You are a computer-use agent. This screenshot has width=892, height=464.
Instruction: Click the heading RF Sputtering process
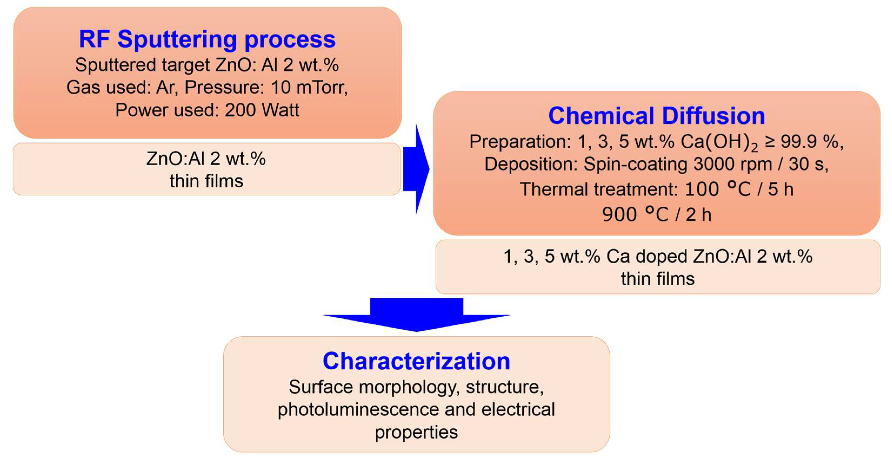pyautogui.click(x=207, y=39)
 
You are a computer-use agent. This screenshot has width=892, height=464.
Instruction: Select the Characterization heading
pyautogui.click(x=416, y=361)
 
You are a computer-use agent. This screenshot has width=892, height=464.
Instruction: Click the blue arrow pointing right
pyautogui.click(x=416, y=169)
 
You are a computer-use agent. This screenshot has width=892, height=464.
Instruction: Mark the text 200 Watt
pyautogui.click(x=262, y=110)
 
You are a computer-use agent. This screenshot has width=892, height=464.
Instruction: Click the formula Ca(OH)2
pyautogui.click(x=719, y=142)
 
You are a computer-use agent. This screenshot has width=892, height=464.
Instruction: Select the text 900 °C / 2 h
pyautogui.click(x=657, y=214)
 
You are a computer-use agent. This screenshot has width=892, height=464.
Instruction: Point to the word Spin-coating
pyautogui.click(x=635, y=164)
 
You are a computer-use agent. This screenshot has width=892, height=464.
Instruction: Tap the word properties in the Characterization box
pyautogui.click(x=416, y=432)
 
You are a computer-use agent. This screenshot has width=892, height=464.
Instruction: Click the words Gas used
pyautogui.click(x=108, y=87)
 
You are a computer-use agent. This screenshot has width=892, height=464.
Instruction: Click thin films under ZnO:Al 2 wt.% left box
pyautogui.click(x=206, y=181)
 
